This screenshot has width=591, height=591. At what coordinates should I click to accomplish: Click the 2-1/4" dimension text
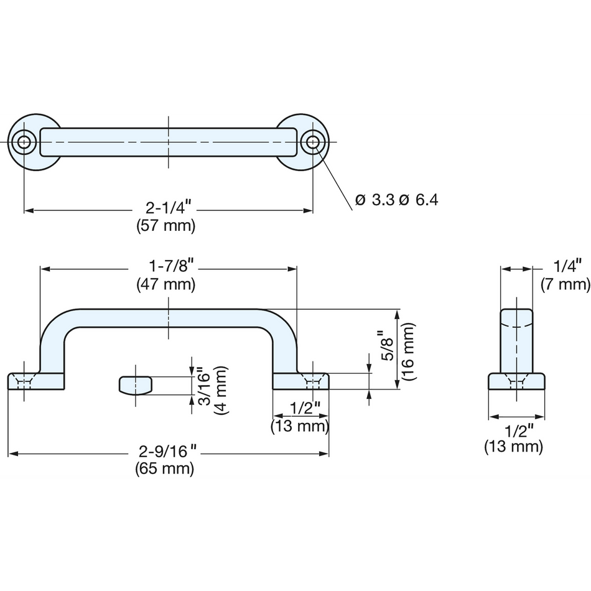169,208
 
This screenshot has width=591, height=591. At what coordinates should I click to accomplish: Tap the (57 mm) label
166,226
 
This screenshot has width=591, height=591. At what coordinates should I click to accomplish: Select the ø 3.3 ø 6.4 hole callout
396,200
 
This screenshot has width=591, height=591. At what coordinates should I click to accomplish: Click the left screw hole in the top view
24,142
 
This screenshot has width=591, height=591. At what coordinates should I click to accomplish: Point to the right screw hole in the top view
312,142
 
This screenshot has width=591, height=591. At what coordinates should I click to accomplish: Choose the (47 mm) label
166,284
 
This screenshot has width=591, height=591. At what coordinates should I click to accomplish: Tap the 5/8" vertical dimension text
387,345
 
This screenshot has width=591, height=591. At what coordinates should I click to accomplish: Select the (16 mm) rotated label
408,351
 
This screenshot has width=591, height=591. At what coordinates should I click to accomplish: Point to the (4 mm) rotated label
221,390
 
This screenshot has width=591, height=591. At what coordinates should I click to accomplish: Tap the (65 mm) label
165,469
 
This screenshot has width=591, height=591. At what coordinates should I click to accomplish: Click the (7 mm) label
565,284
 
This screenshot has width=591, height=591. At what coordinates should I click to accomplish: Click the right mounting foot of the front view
300,381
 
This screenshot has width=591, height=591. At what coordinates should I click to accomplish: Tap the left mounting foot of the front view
36,381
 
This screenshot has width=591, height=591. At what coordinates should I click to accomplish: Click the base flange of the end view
516,381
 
